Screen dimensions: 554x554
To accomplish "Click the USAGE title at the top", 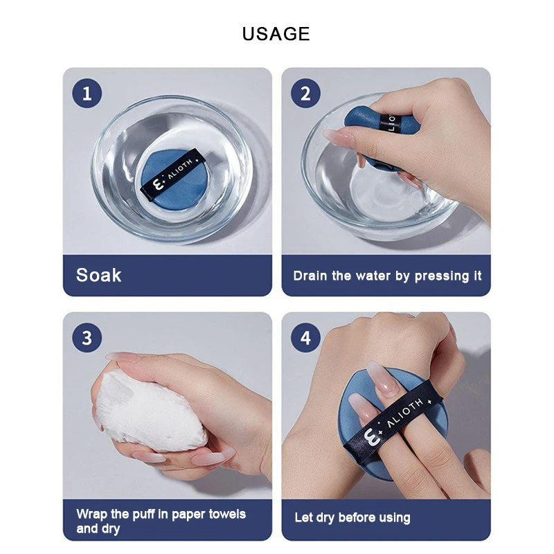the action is coord(276,34).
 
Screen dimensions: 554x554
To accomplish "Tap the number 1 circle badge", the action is coord(87,93).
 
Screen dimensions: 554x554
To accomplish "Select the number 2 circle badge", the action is coord(305,93).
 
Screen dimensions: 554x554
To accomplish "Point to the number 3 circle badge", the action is coord(87,338).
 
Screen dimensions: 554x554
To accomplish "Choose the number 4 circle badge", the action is coord(305,338).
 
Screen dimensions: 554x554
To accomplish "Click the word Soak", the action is coord(98,275).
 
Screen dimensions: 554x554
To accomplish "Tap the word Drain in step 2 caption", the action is coord(310,276).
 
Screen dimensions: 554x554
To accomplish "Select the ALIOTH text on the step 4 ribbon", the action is coord(404,412).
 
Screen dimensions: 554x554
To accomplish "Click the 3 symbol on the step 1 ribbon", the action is coord(158,184).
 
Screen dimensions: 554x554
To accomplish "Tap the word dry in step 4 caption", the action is coord(325,518).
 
